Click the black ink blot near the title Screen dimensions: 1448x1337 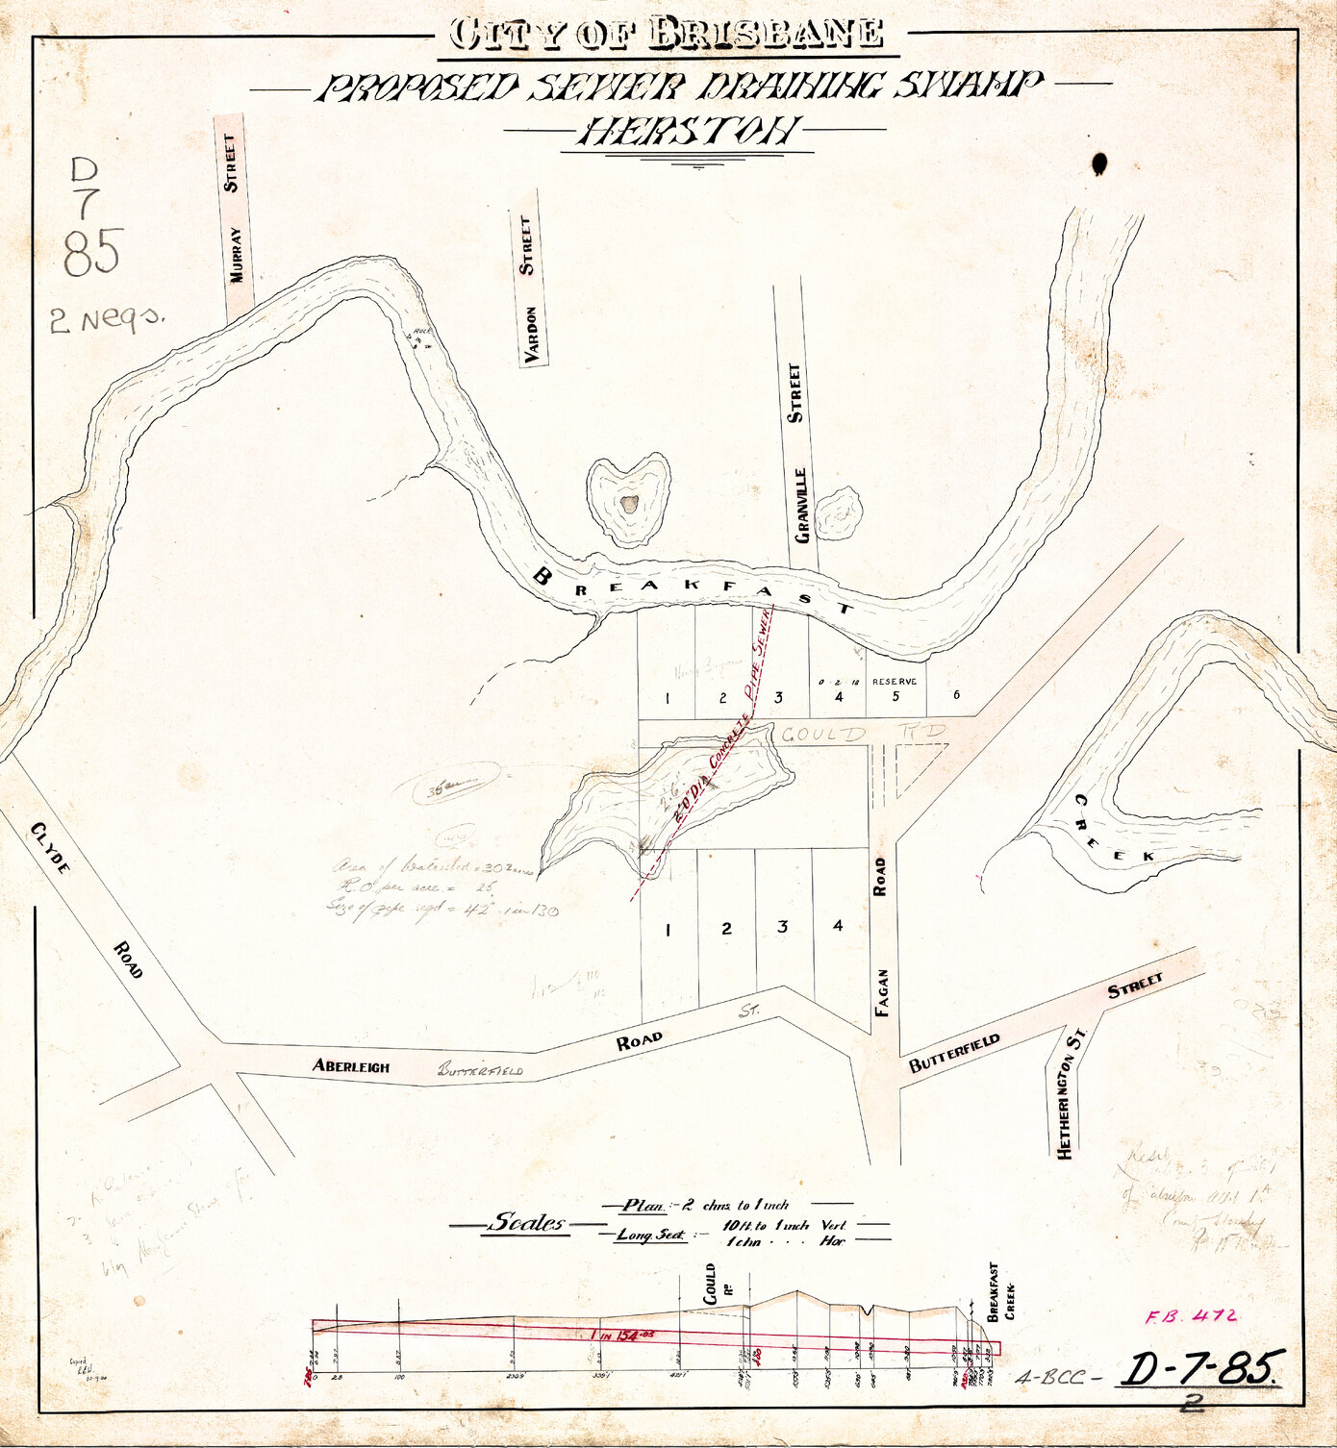[1099, 164]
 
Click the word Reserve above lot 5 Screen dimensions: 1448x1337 [895, 682]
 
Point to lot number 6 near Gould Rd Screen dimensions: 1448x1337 [955, 695]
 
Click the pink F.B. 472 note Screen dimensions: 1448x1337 [1191, 1317]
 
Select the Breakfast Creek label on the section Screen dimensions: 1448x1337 [1000, 1294]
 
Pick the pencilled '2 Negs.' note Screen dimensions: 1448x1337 [105, 320]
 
